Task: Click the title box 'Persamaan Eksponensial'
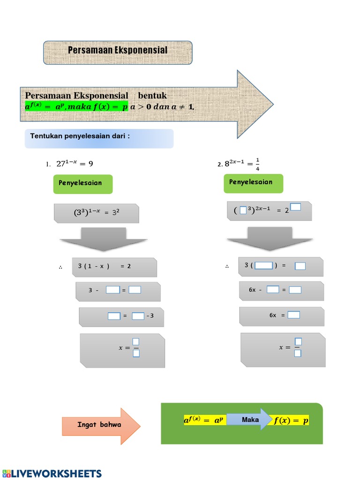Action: [x=118, y=52]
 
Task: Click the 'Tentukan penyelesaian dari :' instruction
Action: [x=80, y=136]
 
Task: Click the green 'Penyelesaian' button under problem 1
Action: [x=83, y=184]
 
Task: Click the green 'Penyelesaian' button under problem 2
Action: [x=254, y=183]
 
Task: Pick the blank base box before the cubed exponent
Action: [x=243, y=210]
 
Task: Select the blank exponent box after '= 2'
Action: [x=295, y=207]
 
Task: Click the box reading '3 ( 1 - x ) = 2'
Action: [x=114, y=267]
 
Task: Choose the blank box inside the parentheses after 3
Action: [x=263, y=266]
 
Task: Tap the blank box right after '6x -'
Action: [x=273, y=290]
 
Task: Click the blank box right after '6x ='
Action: [x=293, y=315]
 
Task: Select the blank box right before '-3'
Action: [x=138, y=316]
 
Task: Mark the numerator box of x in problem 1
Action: [x=136, y=342]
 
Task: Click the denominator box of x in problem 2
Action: [x=298, y=353]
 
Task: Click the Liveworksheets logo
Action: [x=52, y=473]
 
